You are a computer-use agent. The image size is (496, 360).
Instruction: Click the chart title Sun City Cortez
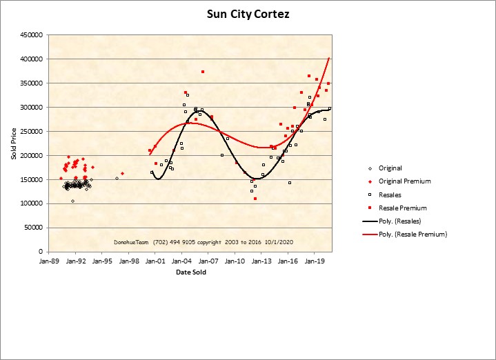pos(248,14)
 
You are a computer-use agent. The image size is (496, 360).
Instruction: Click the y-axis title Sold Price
pos(14,143)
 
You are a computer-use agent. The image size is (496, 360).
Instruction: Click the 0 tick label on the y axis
pos(41,252)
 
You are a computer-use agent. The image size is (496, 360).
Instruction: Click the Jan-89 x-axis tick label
pos(49,261)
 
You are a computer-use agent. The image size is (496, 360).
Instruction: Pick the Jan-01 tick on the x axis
pos(155,261)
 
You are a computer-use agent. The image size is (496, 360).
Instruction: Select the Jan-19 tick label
pos(315,261)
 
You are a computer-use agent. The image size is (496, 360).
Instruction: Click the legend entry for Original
pos(390,168)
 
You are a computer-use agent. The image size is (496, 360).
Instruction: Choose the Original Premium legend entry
pos(404,181)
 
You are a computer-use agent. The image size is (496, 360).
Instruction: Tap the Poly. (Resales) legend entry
pos(404,221)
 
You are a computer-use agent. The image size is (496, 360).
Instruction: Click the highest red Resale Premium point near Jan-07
pos(203,72)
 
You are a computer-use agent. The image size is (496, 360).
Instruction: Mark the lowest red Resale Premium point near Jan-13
pos(255,199)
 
